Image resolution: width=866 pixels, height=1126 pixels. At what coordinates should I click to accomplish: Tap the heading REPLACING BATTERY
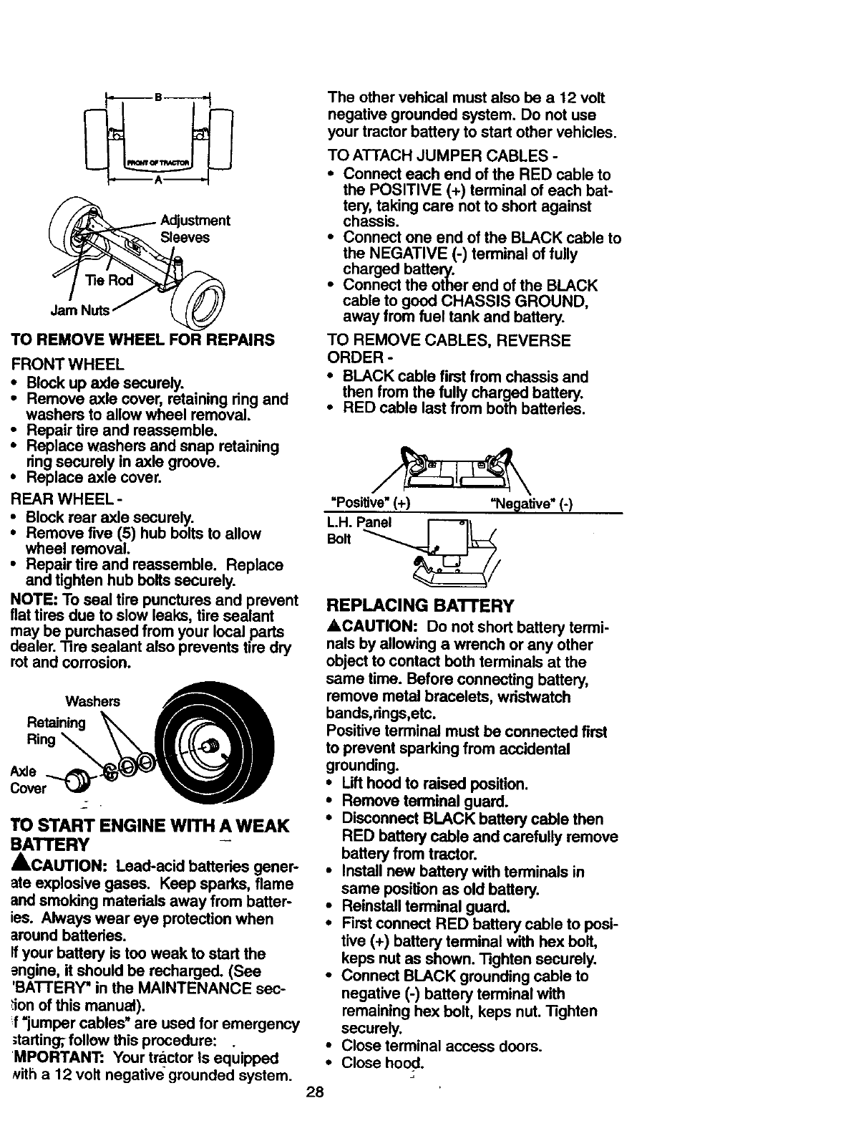coord(420,606)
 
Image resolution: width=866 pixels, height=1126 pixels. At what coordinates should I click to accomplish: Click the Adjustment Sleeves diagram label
coord(194,228)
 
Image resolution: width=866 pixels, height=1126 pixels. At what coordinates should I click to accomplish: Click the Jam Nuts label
coord(79,310)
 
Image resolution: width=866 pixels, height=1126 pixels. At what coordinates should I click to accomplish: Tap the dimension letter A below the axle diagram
coord(157,182)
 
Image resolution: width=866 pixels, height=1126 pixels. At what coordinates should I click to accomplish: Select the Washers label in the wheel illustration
coord(93,701)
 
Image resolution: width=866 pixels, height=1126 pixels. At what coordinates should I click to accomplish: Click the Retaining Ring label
coord(55,730)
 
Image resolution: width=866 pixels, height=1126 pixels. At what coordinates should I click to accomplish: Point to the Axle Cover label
coord(29,780)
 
